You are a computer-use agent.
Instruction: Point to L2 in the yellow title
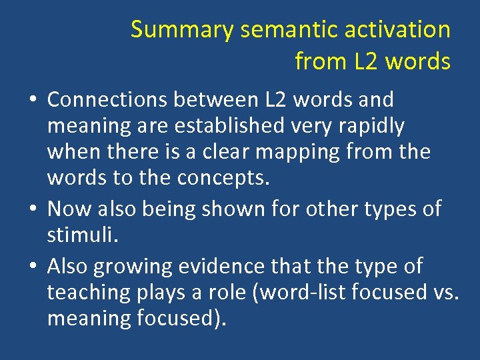coord(366,61)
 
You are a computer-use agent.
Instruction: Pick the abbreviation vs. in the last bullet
coord(444,293)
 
